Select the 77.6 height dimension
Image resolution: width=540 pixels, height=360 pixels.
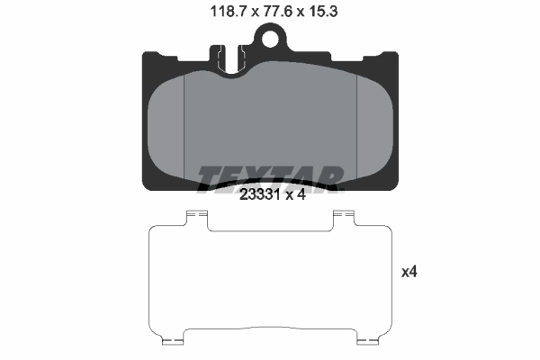coord(270,12)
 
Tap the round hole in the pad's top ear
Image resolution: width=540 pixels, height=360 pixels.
coord(269,37)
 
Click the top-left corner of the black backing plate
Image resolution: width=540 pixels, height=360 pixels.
coord(148,54)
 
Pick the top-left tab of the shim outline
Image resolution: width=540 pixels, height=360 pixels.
coord(195,216)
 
